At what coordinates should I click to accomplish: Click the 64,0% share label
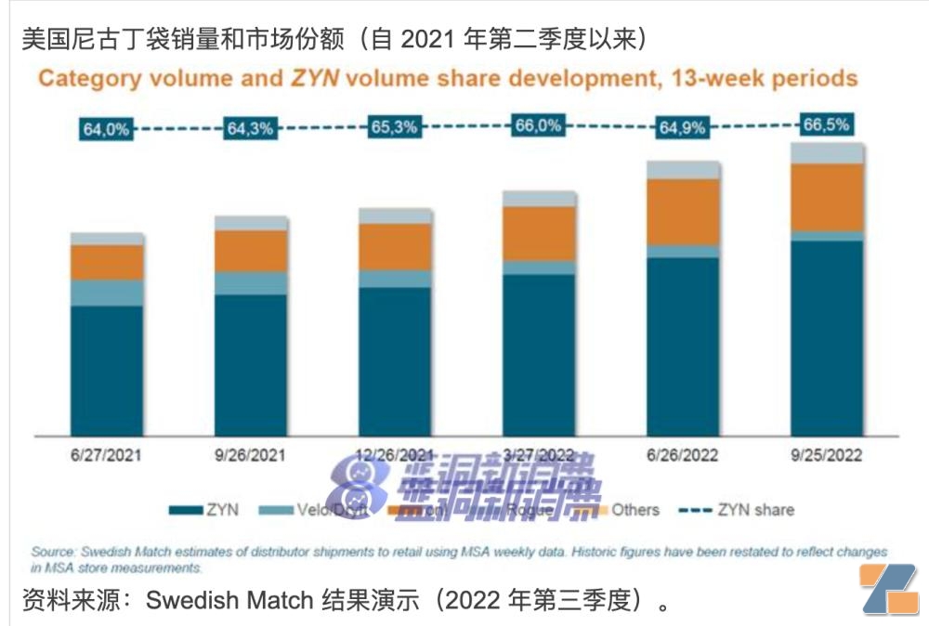[x=107, y=130]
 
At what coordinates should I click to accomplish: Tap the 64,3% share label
[x=250, y=129]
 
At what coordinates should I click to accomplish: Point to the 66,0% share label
[x=539, y=126]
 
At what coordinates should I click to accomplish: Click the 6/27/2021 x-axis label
[x=107, y=456]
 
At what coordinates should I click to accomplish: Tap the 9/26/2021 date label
[x=250, y=456]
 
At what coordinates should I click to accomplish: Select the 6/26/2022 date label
[x=683, y=456]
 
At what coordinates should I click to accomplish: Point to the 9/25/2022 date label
[x=827, y=456]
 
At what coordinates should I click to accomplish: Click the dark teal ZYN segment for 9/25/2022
[x=827, y=334]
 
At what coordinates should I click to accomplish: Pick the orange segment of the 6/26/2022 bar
[x=683, y=212]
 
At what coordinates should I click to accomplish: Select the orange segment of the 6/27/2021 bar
[x=107, y=262]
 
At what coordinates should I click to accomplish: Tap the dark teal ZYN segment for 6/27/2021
[x=107, y=367]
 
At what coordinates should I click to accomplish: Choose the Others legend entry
[x=623, y=509]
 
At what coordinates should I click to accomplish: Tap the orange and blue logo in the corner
[x=887, y=589]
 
